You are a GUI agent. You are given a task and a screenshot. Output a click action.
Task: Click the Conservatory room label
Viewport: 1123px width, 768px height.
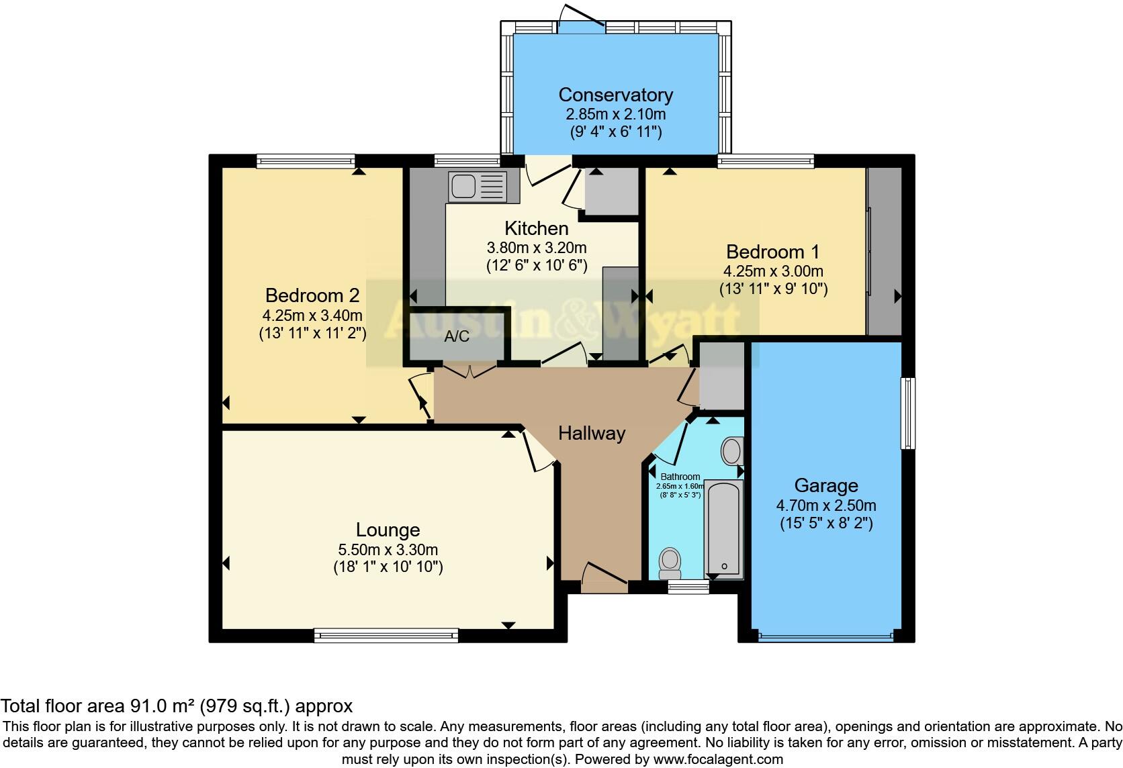coord(615,95)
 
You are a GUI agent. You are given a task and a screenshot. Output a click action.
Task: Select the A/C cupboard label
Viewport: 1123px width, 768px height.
coord(457,337)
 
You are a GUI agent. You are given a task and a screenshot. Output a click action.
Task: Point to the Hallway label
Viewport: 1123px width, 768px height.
coord(592,434)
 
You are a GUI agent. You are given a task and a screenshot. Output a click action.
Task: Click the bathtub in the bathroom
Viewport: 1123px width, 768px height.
coord(723,528)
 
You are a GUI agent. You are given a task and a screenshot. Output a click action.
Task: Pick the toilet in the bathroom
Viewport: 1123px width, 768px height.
coord(670,563)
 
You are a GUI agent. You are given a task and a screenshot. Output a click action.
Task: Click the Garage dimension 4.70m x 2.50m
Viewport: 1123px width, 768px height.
coord(826,506)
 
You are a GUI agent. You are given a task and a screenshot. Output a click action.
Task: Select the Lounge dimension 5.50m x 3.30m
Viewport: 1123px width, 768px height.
coord(388,549)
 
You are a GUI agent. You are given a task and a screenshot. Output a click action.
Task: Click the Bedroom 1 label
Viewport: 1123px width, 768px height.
coord(773,252)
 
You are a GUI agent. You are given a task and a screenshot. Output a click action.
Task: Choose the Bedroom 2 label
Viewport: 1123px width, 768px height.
coord(312,295)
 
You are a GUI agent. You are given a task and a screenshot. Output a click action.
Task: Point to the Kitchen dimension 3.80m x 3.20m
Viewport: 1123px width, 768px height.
coord(537,248)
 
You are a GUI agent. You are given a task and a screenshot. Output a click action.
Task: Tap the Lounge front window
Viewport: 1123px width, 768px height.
coord(386,634)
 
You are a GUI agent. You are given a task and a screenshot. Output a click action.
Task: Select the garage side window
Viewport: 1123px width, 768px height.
coord(908,413)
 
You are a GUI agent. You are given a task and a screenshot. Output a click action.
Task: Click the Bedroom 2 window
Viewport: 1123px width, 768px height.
coord(306,160)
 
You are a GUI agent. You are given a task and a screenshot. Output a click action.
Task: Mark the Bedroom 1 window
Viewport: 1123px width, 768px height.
coord(766,160)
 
